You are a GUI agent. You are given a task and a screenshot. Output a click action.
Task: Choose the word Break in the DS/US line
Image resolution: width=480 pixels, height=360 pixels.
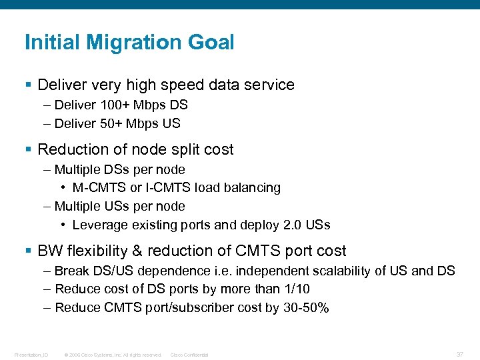pos(71,271)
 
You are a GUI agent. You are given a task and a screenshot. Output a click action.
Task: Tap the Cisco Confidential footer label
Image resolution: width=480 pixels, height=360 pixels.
pos(189,355)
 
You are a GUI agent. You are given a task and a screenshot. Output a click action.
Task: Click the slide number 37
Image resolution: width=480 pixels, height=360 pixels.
pos(460,354)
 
